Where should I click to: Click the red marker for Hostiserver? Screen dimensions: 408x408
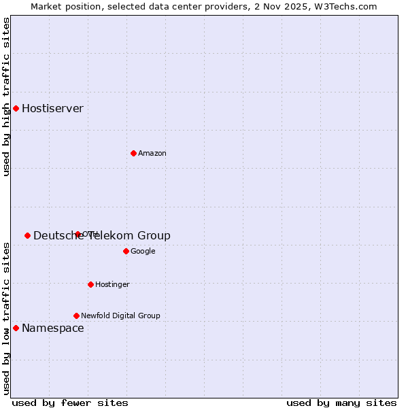pyautogui.click(x=16, y=108)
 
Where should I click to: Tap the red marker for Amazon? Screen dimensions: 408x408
pyautogui.click(x=133, y=153)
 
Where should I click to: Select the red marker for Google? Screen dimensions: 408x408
pyautogui.click(x=126, y=251)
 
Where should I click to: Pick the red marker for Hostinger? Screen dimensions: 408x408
pyautogui.click(x=90, y=284)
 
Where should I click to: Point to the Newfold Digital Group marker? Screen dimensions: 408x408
pyautogui.click(x=76, y=316)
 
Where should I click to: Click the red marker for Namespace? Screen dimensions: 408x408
pyautogui.click(x=16, y=328)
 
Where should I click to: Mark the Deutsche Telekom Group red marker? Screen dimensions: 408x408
pyautogui.click(x=27, y=235)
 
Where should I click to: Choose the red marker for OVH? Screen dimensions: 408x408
pyautogui.click(x=78, y=234)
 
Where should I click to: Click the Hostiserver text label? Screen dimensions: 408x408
pyautogui.click(x=52, y=109)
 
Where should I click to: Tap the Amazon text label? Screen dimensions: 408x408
pyautogui.click(x=152, y=154)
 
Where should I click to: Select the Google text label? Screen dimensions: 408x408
pyautogui.click(x=143, y=252)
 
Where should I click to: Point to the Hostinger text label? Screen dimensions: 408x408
pyautogui.click(x=112, y=285)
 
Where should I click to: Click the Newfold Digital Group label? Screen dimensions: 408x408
pyautogui.click(x=120, y=316)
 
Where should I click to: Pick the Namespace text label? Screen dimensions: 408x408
pyautogui.click(x=52, y=328)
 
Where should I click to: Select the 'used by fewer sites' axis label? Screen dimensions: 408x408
pyautogui.click(x=70, y=403)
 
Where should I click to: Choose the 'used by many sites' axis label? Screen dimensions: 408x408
pyautogui.click(x=341, y=403)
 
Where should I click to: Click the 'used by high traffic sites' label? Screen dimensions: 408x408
pyautogui.click(x=7, y=97)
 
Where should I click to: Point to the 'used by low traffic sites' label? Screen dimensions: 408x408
pyautogui.click(x=7, y=318)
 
